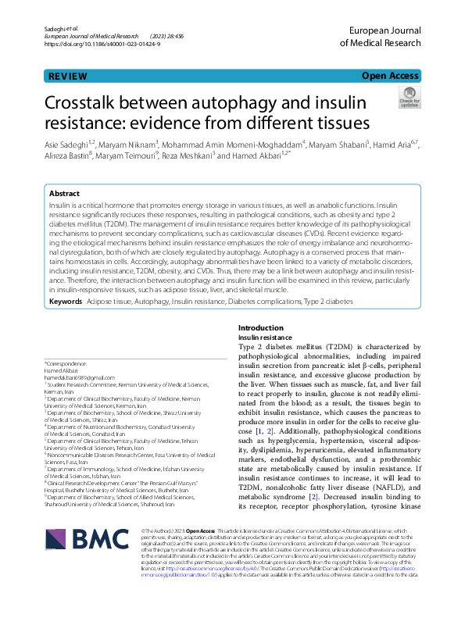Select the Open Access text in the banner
(x=391, y=77)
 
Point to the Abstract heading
(x=65, y=193)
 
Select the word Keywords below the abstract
(x=66, y=301)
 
